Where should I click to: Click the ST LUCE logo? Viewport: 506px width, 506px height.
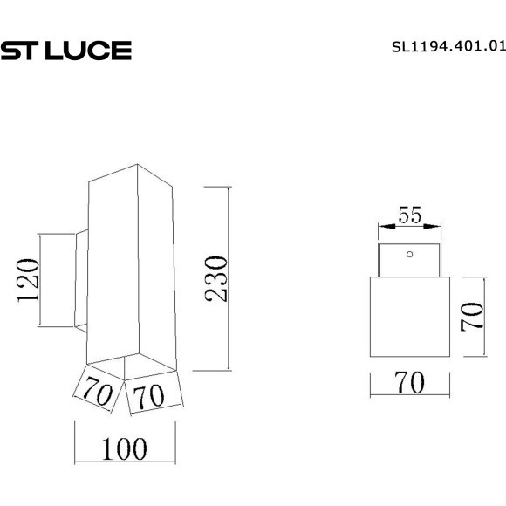coord(65,51)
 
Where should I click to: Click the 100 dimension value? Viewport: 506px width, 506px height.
coord(124,449)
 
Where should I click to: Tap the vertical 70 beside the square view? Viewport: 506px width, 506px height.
coord(472,316)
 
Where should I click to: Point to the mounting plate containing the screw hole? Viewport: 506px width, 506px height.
coord(408,260)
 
